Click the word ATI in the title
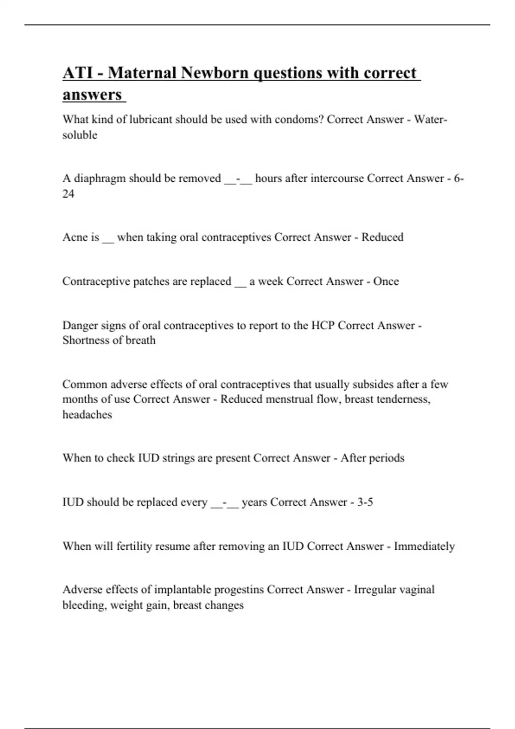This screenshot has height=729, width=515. tap(76, 73)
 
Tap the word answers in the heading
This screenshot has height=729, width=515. tap(92, 95)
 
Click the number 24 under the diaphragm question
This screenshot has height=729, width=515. tap(68, 194)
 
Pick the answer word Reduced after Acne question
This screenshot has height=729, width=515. tap(382, 237)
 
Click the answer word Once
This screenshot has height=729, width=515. tap(386, 281)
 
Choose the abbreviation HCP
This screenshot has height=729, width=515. tap(323, 325)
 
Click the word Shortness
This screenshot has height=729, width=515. tap(89, 340)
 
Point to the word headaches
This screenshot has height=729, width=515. tap(87, 415)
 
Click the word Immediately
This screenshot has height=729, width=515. tap(424, 546)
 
